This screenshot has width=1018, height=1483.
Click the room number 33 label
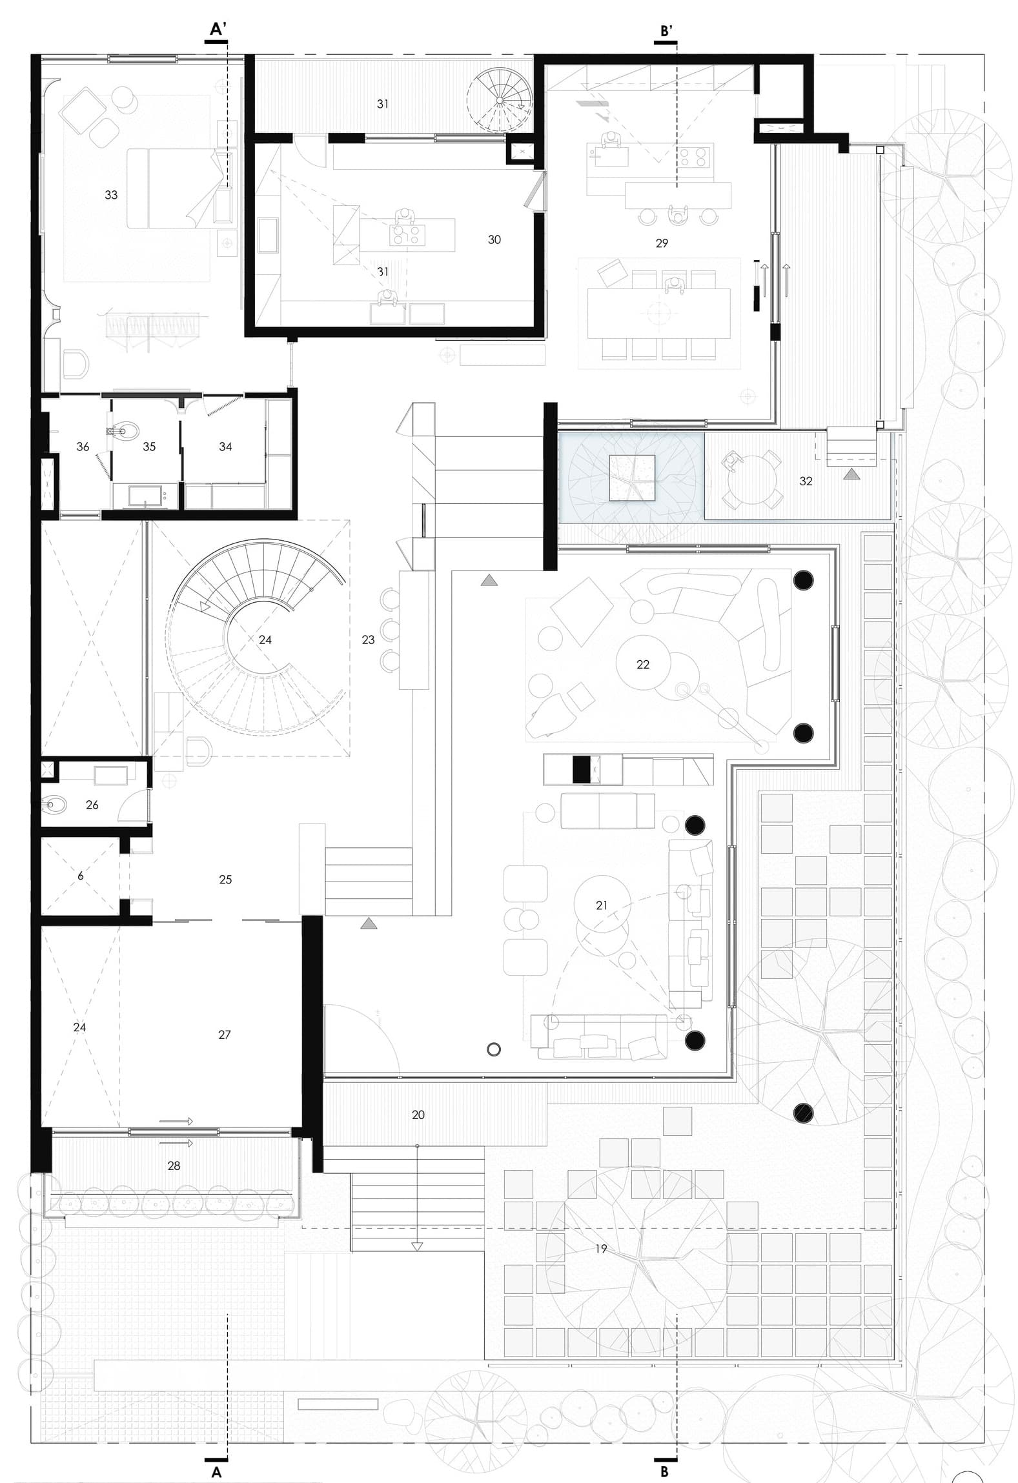pos(111,195)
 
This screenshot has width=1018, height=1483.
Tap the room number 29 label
pos(662,243)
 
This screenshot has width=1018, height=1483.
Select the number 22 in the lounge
pos(643,664)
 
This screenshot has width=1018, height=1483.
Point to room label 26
pos(92,805)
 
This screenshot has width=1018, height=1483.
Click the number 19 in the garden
pos(601,1249)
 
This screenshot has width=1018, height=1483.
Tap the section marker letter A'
pos(218,29)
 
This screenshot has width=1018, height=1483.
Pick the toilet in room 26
pos(56,805)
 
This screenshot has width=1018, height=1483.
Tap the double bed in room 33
pos(171,188)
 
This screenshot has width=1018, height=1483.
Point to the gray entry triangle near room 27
pos(369,923)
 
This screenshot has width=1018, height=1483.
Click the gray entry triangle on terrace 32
pos(852,474)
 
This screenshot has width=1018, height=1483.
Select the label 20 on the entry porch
pos(418,1115)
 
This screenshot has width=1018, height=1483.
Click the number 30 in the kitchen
pos(494,239)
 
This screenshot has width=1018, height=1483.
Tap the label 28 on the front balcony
pos(174,1165)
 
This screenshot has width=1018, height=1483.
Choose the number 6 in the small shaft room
pos(81,876)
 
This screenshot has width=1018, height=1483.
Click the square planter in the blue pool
pos(633,478)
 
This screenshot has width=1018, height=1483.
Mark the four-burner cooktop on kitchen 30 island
pos(407,234)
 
